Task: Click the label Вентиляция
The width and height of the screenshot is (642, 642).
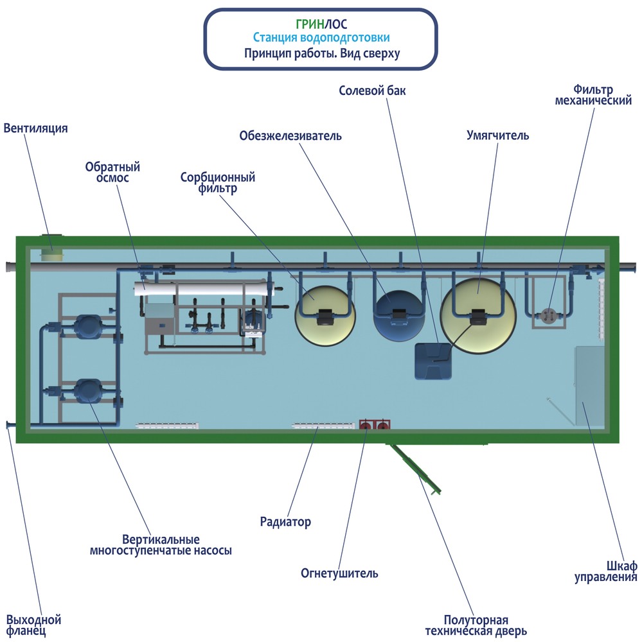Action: (35, 128)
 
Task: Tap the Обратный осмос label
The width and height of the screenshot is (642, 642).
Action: (112, 172)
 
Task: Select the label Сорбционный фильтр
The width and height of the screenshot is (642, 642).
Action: (218, 182)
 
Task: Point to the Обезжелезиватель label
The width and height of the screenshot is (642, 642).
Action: (290, 136)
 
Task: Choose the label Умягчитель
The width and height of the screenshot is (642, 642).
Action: (497, 135)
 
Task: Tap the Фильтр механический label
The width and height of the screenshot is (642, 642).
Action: (593, 94)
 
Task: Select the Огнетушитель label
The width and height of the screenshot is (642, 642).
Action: (339, 573)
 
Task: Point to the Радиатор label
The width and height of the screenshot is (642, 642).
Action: (285, 522)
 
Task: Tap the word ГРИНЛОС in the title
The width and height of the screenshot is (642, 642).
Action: (321, 24)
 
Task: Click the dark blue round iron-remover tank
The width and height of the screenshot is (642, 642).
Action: (400, 316)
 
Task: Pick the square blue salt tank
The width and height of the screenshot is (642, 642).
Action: (433, 360)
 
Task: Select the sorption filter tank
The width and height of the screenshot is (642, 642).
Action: (325, 315)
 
